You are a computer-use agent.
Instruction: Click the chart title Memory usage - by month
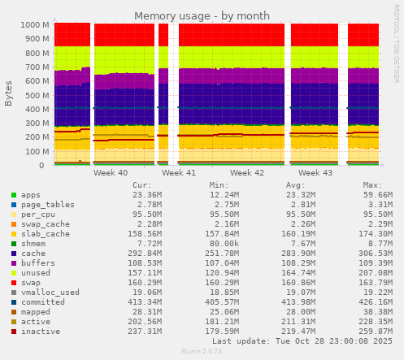click(x=202, y=15)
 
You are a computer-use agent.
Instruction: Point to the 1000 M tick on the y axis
click(x=32, y=24)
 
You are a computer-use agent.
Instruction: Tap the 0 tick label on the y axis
click(x=46, y=165)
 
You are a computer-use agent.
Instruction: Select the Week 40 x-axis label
click(x=111, y=173)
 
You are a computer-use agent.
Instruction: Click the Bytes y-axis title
click(x=9, y=93)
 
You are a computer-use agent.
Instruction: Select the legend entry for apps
click(x=31, y=195)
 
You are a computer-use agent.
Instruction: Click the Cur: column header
click(x=141, y=184)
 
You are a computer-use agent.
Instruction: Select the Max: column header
click(x=372, y=184)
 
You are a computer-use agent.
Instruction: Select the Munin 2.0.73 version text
click(x=202, y=351)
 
